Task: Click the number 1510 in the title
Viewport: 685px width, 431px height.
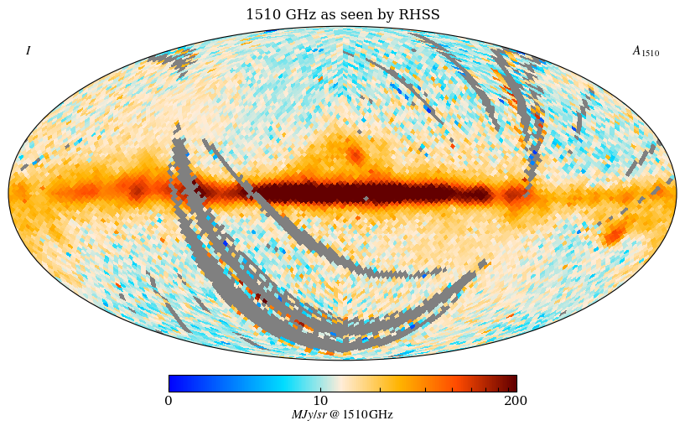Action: click(x=262, y=15)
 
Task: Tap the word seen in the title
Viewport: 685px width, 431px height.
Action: click(x=348, y=15)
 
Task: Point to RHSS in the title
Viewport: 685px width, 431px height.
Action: click(x=421, y=15)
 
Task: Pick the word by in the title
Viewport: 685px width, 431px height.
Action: click(x=385, y=15)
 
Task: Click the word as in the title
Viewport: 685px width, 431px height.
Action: click(x=324, y=15)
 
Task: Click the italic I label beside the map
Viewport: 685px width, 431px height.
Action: click(x=28, y=51)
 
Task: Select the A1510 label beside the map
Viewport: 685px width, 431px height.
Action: click(x=645, y=51)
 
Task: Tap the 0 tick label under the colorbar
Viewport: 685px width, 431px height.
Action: click(x=169, y=401)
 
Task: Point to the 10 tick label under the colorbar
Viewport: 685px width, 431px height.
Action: click(x=321, y=401)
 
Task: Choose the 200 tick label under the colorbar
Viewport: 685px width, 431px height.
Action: click(x=516, y=401)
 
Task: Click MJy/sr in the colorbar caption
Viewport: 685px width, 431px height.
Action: click(x=309, y=415)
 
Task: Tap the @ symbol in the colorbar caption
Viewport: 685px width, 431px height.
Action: click(x=335, y=415)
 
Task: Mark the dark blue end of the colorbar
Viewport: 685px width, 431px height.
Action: click(x=173, y=383)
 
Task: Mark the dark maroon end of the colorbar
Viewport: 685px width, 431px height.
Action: click(x=511, y=383)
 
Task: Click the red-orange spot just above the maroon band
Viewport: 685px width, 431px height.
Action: click(x=355, y=155)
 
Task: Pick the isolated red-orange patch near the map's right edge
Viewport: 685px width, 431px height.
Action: click(x=614, y=236)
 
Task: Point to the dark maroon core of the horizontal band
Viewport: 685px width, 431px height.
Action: click(x=369, y=194)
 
